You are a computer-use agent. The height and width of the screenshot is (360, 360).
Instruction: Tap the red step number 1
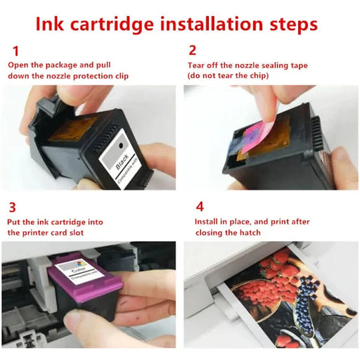pyautogui.click(x=15, y=51)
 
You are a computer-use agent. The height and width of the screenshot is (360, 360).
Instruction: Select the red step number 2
pyautogui.click(x=192, y=50)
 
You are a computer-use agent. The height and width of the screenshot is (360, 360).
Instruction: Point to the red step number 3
pyautogui.click(x=12, y=207)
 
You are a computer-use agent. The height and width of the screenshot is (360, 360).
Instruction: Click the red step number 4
pyautogui.click(x=200, y=207)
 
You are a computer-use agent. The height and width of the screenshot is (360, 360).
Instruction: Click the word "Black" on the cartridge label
pyautogui.click(x=122, y=162)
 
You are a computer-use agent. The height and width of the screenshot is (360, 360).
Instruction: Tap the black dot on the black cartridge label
pyautogui.click(x=121, y=146)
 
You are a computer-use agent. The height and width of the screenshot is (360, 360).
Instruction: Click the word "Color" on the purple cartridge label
pyautogui.click(x=78, y=271)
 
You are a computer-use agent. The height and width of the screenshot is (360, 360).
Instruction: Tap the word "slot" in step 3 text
pyautogui.click(x=77, y=233)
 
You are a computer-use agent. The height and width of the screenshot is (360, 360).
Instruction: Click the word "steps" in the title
pyautogui.click(x=294, y=25)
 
